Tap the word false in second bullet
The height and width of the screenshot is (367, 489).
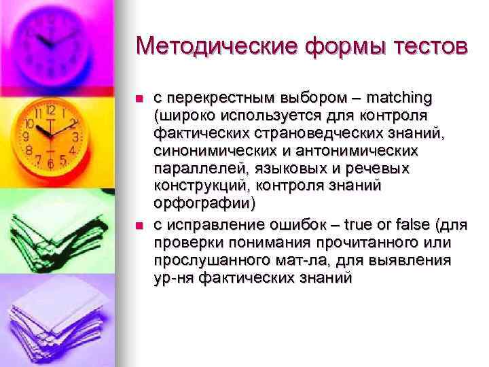413,226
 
